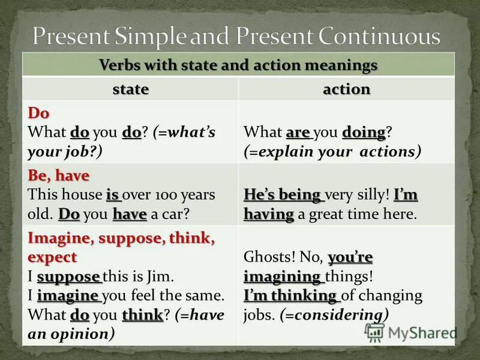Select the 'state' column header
131,89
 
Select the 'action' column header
346,89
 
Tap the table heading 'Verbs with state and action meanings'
238,64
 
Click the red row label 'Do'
38,113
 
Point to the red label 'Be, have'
58,176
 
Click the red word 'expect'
52,257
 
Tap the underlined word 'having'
268,214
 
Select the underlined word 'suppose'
69,277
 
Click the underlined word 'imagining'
283,277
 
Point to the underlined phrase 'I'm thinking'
290,295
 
